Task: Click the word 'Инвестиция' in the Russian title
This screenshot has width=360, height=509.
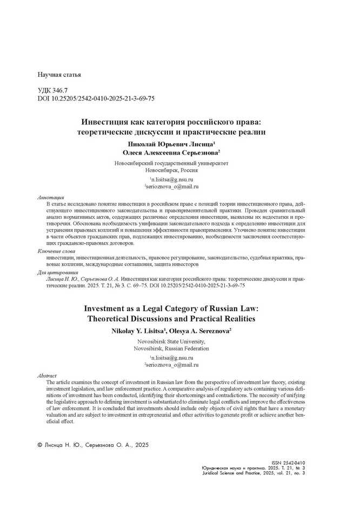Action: point(103,122)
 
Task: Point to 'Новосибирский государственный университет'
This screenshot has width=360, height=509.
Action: point(171,163)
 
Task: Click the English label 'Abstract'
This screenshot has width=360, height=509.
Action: point(46,375)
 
